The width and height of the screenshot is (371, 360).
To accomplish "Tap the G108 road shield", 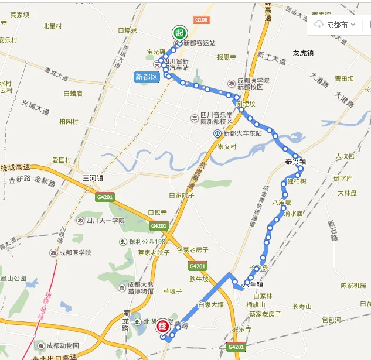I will pyautogui.click(x=200, y=20).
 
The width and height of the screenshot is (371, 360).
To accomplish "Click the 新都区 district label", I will pyautogui.click(x=147, y=77).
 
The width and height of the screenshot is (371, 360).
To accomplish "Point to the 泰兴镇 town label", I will pyautogui.click(x=296, y=162).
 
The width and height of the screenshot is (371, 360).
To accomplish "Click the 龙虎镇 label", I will pyautogui.click(x=303, y=53).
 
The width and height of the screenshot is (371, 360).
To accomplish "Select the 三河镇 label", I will pyautogui.click(x=93, y=178).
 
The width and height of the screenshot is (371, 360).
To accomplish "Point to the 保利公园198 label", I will pyautogui.click(x=144, y=241).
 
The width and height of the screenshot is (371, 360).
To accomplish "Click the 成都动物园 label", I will pyautogui.click(x=63, y=345).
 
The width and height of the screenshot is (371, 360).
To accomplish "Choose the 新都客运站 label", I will pyautogui.click(x=199, y=43).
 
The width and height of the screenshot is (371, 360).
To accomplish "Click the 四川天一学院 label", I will pyautogui.click(x=105, y=221).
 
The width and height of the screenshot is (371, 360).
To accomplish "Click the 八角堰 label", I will pyautogui.click(x=282, y=202).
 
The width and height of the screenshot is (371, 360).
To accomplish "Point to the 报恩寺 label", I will pyautogui.click(x=226, y=57).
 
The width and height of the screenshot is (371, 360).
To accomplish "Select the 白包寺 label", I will pyautogui.click(x=158, y=212).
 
